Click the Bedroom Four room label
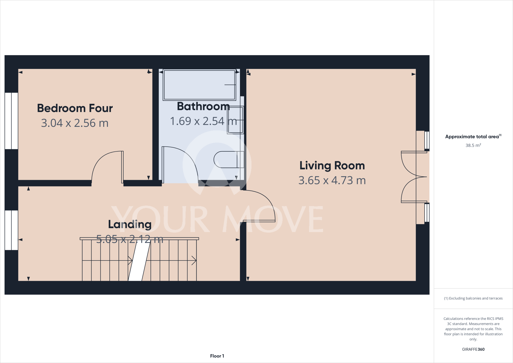(x=75, y=108)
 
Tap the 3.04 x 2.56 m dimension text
(x=75, y=123)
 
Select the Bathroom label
(x=203, y=106)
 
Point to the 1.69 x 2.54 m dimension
(x=203, y=121)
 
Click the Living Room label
(x=332, y=166)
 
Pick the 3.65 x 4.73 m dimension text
(x=332, y=180)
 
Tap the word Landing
(x=130, y=224)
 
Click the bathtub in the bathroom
(x=199, y=85)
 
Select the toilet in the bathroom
(x=225, y=159)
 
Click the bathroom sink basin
(x=235, y=120)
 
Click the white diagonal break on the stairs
(x=139, y=261)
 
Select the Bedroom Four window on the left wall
(x=11, y=121)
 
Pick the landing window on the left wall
(x=11, y=230)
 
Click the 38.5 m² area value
(x=473, y=145)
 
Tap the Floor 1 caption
(x=217, y=356)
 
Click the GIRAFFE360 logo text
(x=473, y=349)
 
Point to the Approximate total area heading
(x=472, y=137)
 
